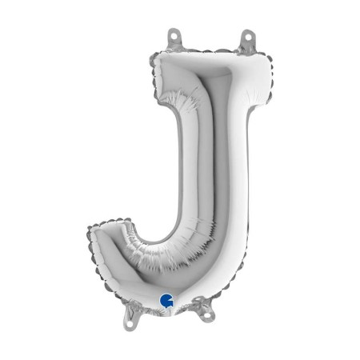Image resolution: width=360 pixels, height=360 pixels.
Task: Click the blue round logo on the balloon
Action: [166, 302]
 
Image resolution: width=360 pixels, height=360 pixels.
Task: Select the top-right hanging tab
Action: [248, 39]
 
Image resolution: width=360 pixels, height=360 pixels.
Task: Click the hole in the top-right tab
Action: [248, 36]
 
